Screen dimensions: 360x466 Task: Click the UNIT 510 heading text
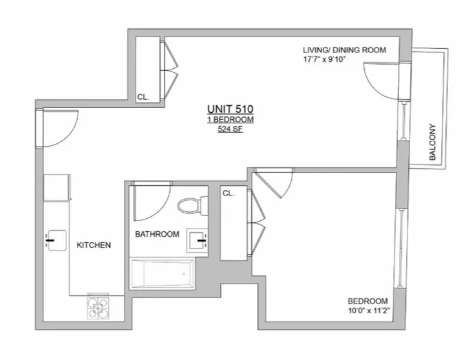point(230,109)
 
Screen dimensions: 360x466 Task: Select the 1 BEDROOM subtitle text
point(230,119)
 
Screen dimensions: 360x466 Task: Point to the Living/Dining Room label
point(344,50)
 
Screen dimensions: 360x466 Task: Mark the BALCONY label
point(433,142)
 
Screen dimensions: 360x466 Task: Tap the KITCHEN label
point(94,244)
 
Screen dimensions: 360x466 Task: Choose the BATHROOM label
point(157,234)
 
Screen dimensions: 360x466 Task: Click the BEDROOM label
point(368,301)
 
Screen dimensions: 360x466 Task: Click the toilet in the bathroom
point(189,204)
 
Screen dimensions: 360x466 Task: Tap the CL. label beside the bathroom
point(229,193)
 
